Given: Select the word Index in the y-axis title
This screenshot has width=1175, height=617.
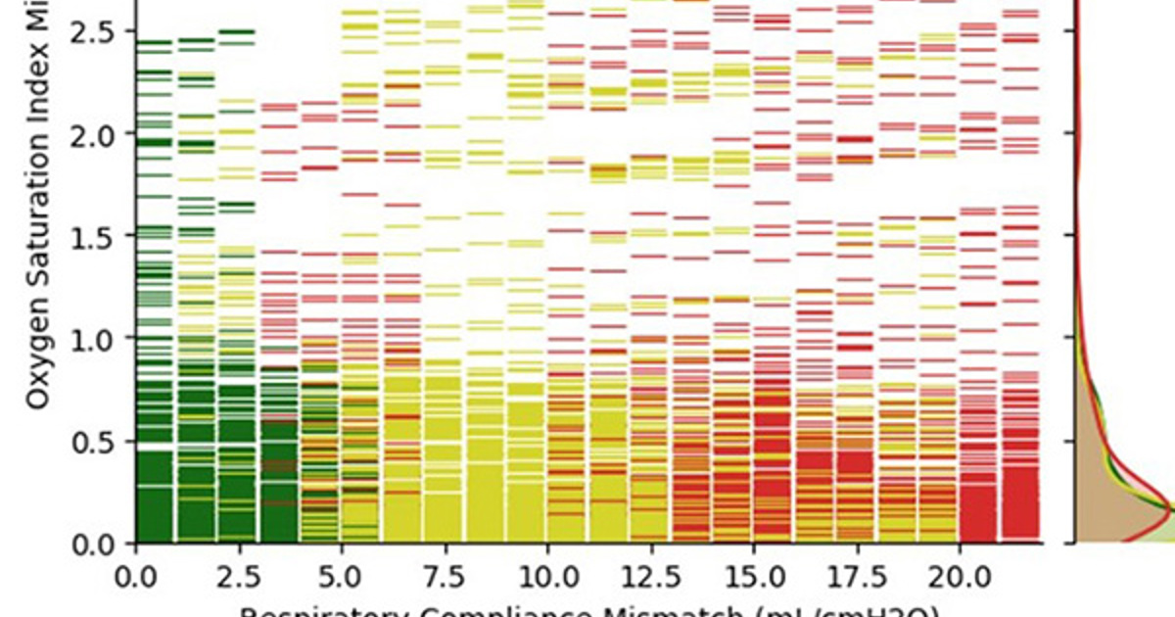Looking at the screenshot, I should click(x=36, y=69).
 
